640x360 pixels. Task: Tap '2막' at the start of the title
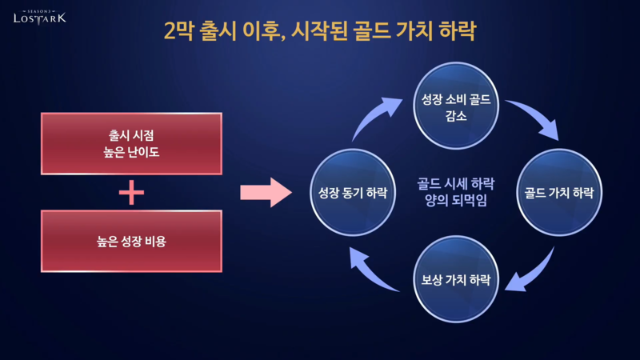178,33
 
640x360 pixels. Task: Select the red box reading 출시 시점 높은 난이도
130,143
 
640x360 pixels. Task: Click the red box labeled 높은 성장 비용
130,241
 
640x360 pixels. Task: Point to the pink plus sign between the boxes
131,192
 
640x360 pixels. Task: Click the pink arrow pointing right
266,193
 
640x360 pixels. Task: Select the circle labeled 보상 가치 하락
455,280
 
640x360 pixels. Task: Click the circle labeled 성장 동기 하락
353,193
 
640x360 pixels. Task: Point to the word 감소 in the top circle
455,116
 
